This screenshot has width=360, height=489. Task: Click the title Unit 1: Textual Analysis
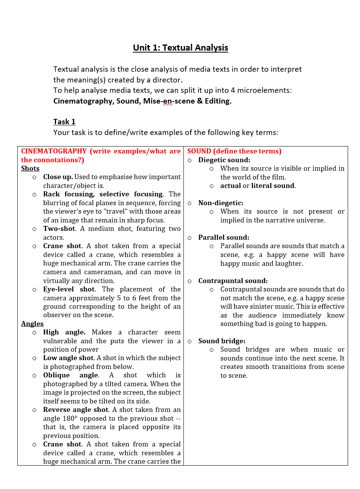pos(180,48)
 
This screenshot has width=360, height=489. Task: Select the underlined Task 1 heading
pos(64,122)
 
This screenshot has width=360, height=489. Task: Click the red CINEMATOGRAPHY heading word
pos(54,151)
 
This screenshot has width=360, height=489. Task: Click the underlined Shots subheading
pos(30,168)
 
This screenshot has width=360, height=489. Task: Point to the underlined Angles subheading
pos(32,324)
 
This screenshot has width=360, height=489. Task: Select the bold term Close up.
pos(58,177)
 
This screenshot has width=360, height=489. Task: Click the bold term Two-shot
pos(59,229)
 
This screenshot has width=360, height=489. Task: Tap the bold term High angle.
pos(64,332)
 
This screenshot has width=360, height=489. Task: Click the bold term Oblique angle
pos(71,375)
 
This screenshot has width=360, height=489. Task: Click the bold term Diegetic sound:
pos(224,160)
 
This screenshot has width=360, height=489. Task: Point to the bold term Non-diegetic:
pos(221,203)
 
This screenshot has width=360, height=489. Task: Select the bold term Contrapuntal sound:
pos(233,281)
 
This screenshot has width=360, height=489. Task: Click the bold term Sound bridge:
pos(221,341)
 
